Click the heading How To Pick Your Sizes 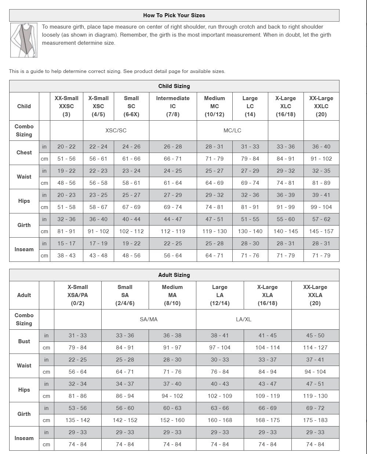tap(174, 15)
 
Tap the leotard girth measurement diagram tap(24, 40)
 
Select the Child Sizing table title tap(174, 86)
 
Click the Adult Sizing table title tap(174, 275)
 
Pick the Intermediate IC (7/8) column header tap(173, 106)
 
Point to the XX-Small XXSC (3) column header tap(66, 106)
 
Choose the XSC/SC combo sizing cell tap(116, 131)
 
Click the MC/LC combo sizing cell tap(232, 131)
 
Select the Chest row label tap(24, 153)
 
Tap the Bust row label tap(24, 341)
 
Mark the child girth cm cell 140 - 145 tap(286, 231)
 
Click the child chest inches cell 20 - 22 tap(66, 147)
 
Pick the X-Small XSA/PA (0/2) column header tap(77, 295)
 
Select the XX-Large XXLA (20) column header tap(315, 295)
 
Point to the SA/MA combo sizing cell tap(149, 319)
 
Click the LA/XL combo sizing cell tap(244, 319)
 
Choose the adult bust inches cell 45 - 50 tap(315, 336)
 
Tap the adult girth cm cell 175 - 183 tap(315, 420)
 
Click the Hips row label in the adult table tap(24, 390)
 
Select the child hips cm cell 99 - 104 tap(321, 207)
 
